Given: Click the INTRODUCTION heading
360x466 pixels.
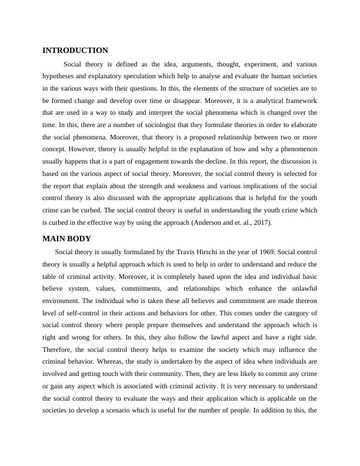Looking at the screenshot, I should tap(75, 51).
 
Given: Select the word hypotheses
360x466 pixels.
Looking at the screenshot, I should tap(60, 76).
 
